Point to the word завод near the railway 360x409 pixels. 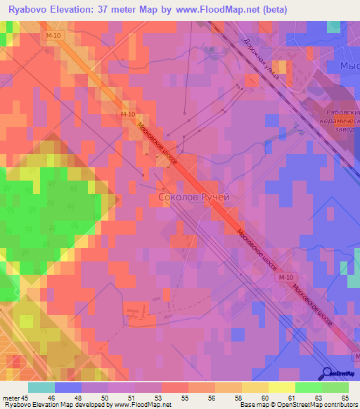click(x=345, y=129)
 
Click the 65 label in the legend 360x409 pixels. click(x=345, y=397)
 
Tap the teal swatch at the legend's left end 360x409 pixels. click(x=41, y=387)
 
